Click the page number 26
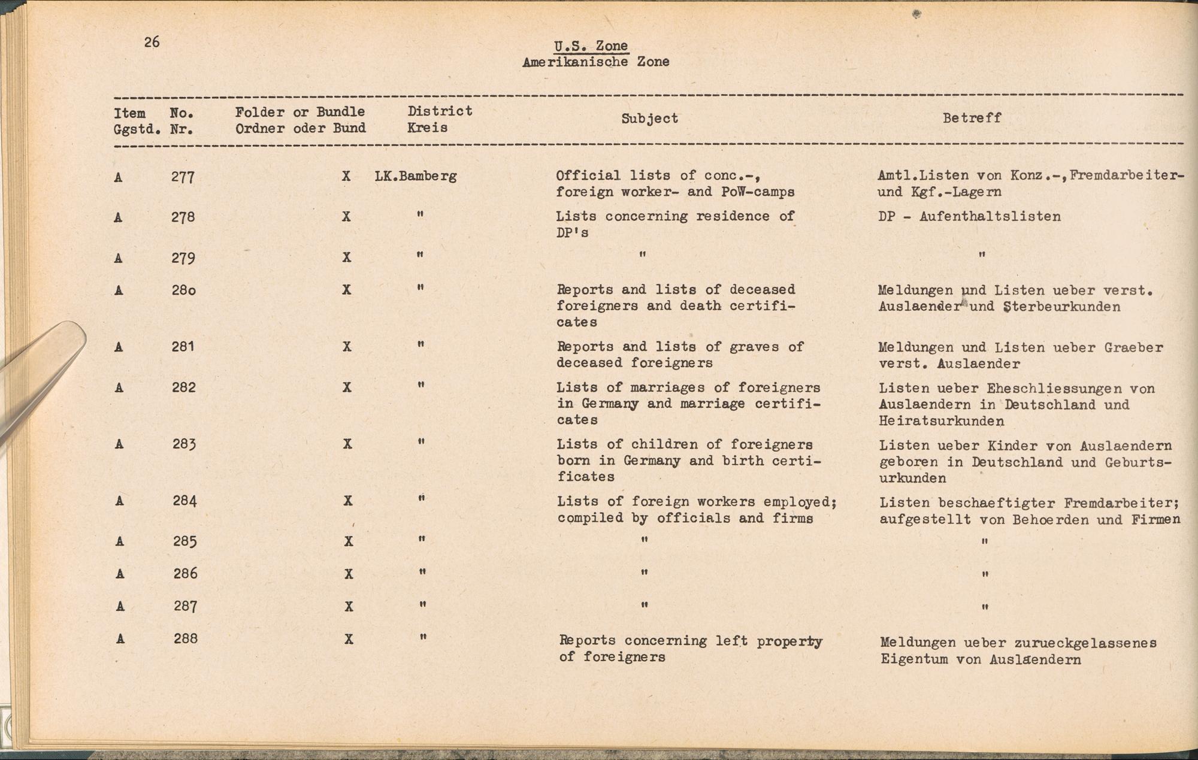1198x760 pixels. click(152, 42)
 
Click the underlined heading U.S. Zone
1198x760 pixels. click(591, 46)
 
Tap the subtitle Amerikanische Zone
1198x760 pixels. click(595, 62)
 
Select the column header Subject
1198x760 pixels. click(649, 119)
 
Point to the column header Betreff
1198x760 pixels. click(971, 118)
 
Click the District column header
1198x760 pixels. click(440, 111)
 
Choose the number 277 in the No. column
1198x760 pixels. click(183, 177)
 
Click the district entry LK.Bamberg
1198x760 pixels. click(416, 176)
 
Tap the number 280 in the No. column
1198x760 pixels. click(183, 290)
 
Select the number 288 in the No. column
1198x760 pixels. click(185, 638)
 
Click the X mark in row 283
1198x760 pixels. click(347, 444)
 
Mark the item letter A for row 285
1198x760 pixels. click(120, 541)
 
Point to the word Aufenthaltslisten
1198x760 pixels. click(990, 216)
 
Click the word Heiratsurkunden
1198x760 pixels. click(942, 421)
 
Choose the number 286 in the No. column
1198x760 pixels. click(185, 574)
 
